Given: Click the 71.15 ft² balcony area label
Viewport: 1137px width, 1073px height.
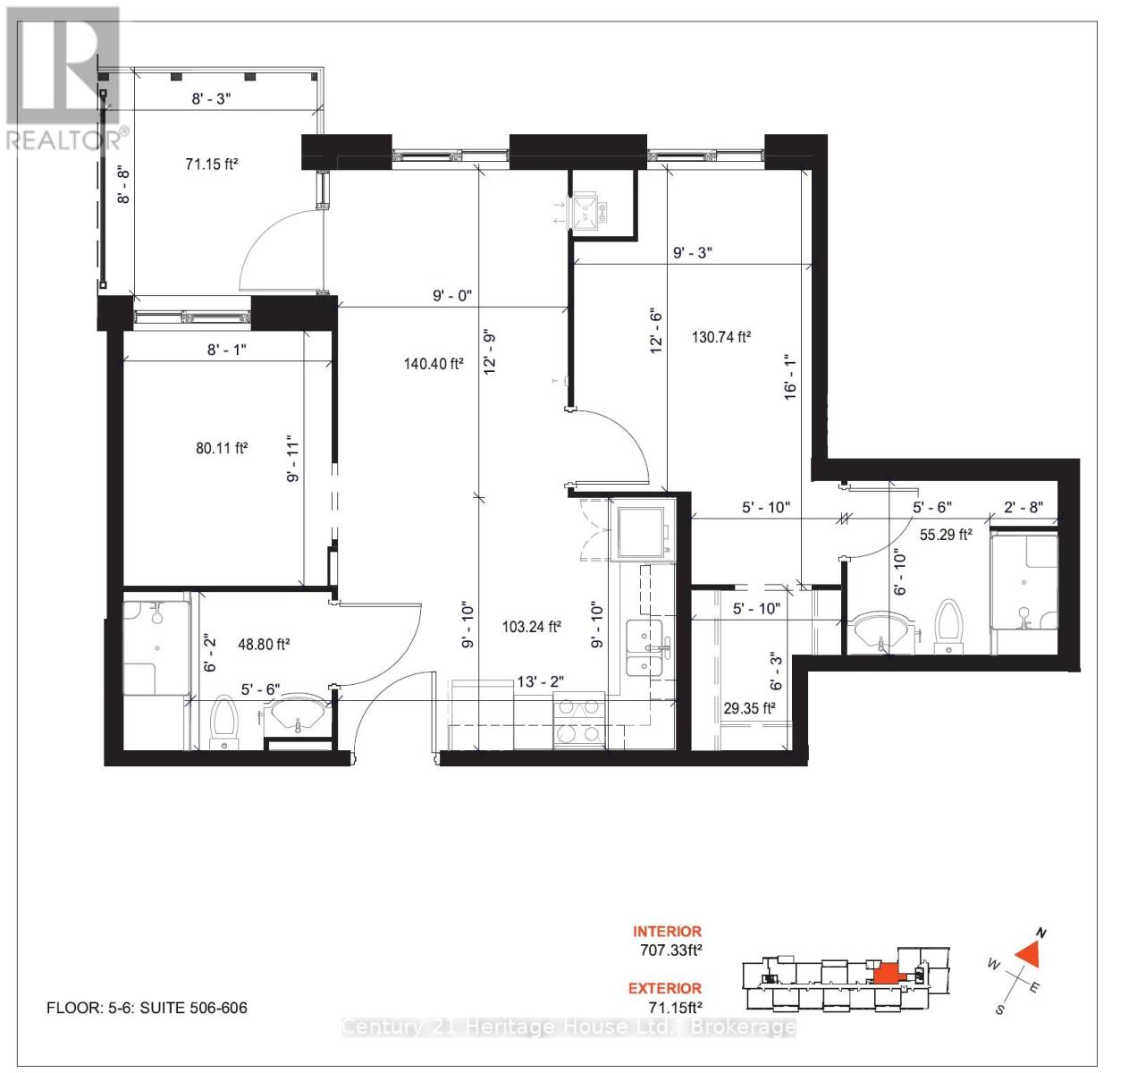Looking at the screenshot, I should [x=212, y=164].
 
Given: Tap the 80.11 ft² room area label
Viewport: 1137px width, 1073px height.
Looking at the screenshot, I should [x=222, y=448].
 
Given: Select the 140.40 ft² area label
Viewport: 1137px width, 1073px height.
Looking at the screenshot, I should [x=434, y=363].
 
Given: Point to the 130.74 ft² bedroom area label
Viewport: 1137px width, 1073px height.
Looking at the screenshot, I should [x=721, y=337].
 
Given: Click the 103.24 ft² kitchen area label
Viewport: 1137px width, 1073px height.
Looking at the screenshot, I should [x=531, y=627].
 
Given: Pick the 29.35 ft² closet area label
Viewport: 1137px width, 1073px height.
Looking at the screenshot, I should [x=749, y=707].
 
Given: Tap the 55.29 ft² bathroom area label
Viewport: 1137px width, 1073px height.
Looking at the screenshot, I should [x=946, y=535].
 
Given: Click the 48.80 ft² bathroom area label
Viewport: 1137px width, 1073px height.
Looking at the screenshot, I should [x=263, y=643].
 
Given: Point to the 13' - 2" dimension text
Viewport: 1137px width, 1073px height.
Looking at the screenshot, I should [x=541, y=682].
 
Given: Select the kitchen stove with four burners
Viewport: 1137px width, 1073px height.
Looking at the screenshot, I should [x=578, y=721].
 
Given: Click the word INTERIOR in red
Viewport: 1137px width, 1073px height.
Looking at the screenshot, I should [x=667, y=931].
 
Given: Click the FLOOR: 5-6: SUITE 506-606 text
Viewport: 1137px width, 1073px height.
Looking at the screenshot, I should [x=147, y=1008].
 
